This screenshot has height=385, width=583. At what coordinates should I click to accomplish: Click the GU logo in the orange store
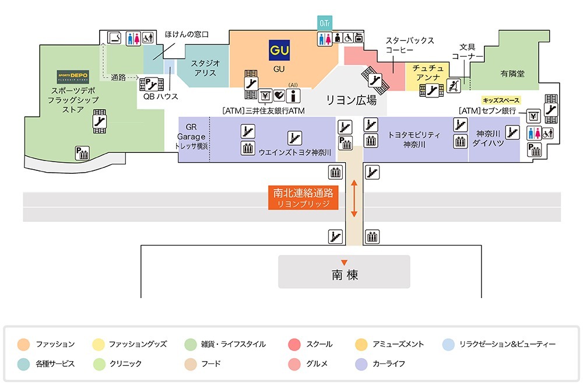[x=279, y=50]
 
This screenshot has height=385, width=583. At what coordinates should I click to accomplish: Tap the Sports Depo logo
[x=72, y=76]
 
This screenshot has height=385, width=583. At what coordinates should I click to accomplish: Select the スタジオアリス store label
[x=205, y=68]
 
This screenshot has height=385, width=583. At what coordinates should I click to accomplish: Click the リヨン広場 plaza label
[x=351, y=100]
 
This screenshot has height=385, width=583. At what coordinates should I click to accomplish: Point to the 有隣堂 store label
[x=512, y=73]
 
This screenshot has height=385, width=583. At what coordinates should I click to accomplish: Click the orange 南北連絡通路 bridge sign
[x=303, y=198]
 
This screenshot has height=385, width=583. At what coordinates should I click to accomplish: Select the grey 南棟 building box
[x=344, y=272]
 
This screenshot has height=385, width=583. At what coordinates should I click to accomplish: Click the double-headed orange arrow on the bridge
[x=353, y=198]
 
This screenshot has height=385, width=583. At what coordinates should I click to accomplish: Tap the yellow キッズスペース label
[x=501, y=100]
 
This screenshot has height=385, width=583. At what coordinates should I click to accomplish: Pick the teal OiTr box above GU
[x=324, y=23]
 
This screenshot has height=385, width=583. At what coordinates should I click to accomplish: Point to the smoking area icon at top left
[x=114, y=38]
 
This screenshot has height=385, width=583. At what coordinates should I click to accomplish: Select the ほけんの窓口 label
[x=187, y=34]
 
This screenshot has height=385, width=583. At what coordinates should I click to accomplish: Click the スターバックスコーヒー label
[x=410, y=45]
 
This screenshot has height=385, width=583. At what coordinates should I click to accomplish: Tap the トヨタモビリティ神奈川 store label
[x=415, y=139]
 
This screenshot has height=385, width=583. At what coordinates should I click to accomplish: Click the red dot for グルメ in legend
[x=294, y=363]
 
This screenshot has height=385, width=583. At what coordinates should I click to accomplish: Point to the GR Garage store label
[x=192, y=136]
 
